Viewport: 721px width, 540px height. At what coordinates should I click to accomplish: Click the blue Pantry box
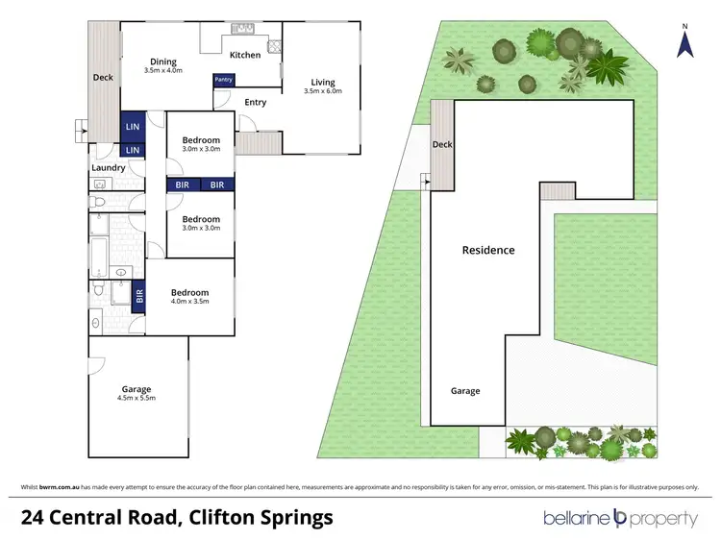click(223, 80)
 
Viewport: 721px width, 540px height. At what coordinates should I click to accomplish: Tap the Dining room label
click(162, 62)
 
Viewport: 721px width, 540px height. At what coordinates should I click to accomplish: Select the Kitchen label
click(245, 55)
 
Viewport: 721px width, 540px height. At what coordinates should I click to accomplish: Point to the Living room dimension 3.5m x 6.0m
click(322, 91)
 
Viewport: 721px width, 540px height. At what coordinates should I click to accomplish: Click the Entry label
click(256, 102)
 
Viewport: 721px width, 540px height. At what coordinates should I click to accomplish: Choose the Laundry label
click(109, 168)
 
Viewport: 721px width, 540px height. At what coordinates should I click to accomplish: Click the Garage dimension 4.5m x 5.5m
click(136, 397)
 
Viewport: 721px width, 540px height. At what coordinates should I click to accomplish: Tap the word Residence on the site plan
click(488, 250)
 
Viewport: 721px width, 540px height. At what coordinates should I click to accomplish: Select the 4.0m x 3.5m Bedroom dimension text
click(189, 302)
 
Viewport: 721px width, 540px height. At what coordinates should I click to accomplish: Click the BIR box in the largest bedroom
click(139, 296)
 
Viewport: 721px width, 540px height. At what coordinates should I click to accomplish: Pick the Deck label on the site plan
click(442, 145)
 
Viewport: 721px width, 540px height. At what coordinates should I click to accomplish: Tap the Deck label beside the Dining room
click(103, 78)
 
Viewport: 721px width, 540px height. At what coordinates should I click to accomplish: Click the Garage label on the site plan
click(465, 391)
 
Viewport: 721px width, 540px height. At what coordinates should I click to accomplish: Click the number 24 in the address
click(36, 518)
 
